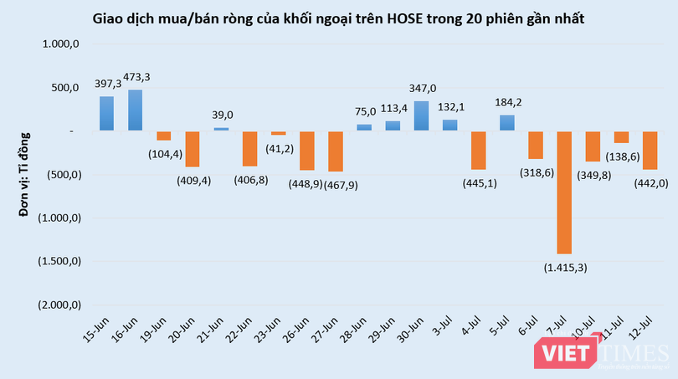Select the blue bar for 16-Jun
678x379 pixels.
[x=135, y=110]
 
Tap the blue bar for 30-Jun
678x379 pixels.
[x=421, y=115]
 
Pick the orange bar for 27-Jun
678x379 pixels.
[x=335, y=151]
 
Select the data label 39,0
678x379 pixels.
[x=221, y=115]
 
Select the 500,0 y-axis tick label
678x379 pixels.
[x=64, y=88]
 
